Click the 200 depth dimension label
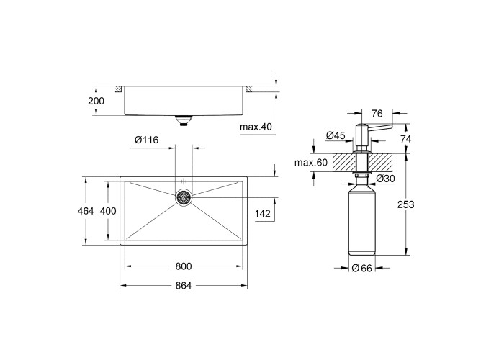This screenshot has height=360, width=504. pyautogui.click(x=96, y=101)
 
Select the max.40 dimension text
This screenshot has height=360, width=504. pyautogui.click(x=256, y=127)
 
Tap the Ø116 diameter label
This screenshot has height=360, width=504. pyautogui.click(x=147, y=140)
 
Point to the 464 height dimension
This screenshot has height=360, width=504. pyautogui.click(x=86, y=211)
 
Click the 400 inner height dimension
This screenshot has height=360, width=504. pyautogui.click(x=108, y=211)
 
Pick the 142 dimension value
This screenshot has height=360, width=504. pyautogui.click(x=263, y=213)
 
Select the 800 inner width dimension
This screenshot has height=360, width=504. pyautogui.click(x=184, y=266)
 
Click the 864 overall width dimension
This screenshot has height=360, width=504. pyautogui.click(x=184, y=285)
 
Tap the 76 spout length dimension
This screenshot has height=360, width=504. pyautogui.click(x=377, y=114)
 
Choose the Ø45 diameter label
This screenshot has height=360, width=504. pyautogui.click(x=336, y=135)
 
